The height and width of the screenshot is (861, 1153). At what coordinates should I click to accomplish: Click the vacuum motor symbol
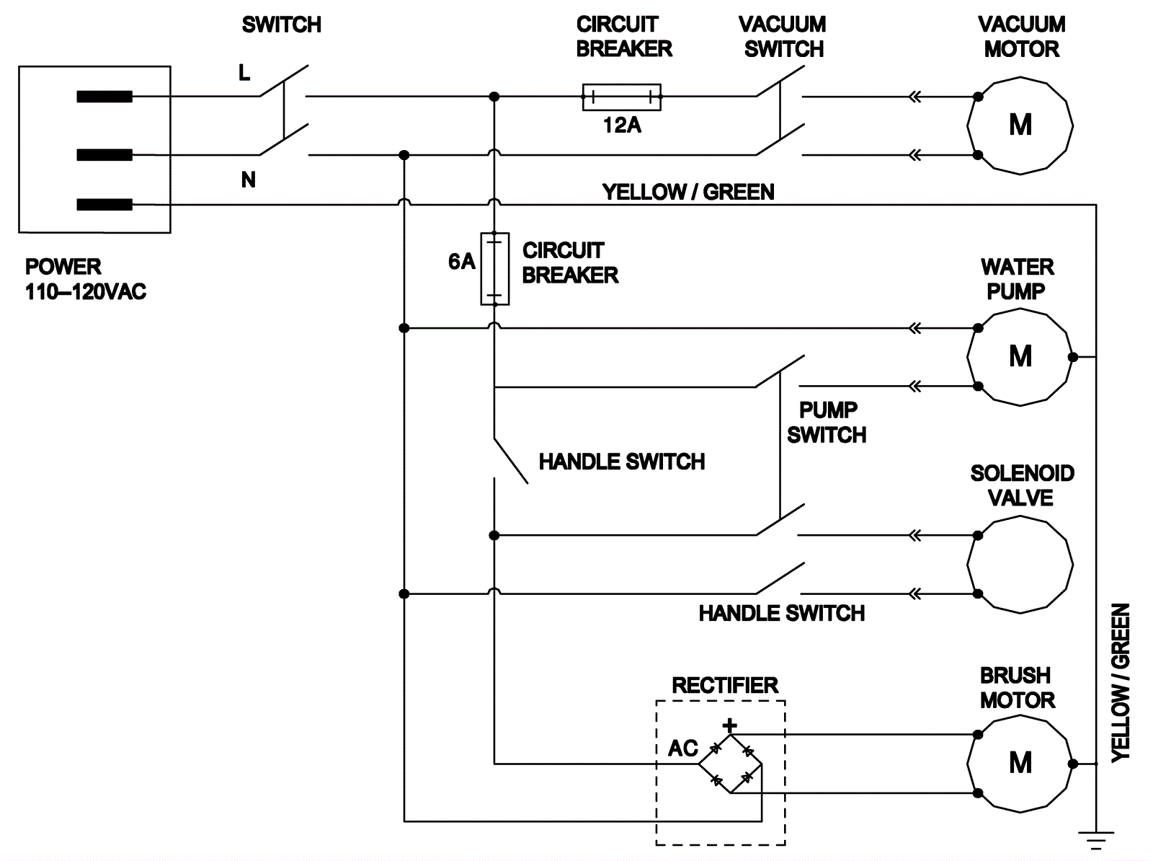(1020, 125)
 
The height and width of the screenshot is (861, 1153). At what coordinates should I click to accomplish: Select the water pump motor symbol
(1020, 357)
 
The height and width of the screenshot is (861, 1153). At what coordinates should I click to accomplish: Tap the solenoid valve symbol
(1020, 565)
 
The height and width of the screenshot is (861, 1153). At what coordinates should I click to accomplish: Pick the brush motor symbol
(1020, 763)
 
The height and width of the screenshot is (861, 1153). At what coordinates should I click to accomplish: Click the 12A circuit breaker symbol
(621, 97)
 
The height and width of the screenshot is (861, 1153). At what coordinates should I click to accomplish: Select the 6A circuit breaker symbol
(494, 268)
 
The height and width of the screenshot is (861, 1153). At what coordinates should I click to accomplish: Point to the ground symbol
(1096, 840)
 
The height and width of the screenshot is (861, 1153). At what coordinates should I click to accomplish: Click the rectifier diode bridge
(731, 764)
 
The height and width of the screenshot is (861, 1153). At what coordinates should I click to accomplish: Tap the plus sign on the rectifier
(730, 725)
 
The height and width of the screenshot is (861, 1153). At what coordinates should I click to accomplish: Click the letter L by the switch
(244, 73)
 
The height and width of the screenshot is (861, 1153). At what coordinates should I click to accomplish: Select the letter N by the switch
(248, 180)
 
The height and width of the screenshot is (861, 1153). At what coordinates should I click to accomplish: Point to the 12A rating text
(622, 125)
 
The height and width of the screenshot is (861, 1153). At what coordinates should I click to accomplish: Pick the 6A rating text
(461, 262)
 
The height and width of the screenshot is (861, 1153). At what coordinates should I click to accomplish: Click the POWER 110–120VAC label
(85, 279)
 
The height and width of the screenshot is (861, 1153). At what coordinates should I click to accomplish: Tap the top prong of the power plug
(104, 97)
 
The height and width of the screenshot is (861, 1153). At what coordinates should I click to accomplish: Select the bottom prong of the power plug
(104, 205)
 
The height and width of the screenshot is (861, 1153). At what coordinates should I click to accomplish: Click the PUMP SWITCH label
(827, 423)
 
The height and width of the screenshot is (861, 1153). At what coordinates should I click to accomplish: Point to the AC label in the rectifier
(682, 749)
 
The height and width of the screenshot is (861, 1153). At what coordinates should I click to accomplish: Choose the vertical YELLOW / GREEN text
(1121, 682)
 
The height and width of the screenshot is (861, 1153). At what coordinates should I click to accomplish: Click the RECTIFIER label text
(725, 685)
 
